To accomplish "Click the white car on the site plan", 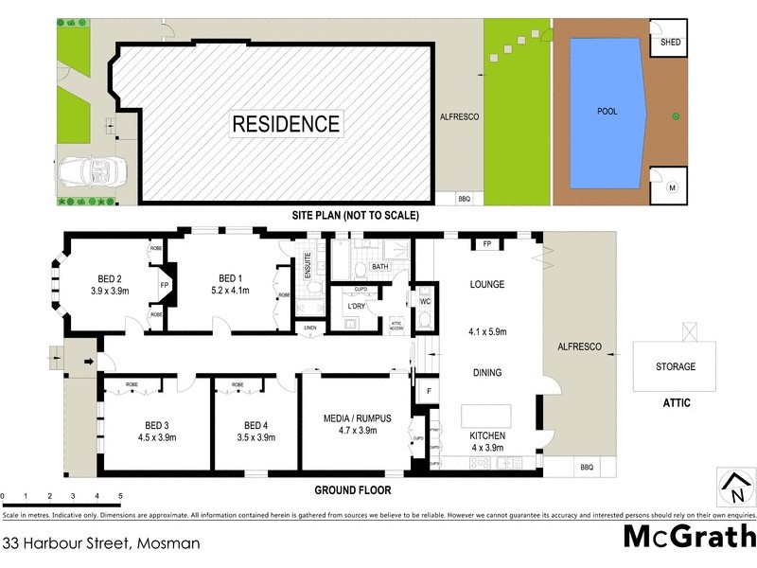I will pyautogui.click(x=87, y=172).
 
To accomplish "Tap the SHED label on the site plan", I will pyautogui.click(x=670, y=43).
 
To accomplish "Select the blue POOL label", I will pyautogui.click(x=607, y=111).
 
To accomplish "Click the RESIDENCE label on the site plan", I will pyautogui.click(x=286, y=123).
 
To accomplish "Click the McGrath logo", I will pyautogui.click(x=688, y=537).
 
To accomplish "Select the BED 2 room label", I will pyautogui.click(x=111, y=278).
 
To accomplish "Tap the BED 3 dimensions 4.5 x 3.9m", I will pyautogui.click(x=156, y=437).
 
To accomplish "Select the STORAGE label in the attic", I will pyautogui.click(x=676, y=366).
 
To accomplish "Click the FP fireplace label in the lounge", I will pyautogui.click(x=487, y=244).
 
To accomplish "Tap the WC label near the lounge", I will pyautogui.click(x=425, y=302).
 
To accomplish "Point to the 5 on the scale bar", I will pyautogui.click(x=120, y=496).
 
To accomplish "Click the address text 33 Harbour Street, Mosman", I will pyautogui.click(x=101, y=543).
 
